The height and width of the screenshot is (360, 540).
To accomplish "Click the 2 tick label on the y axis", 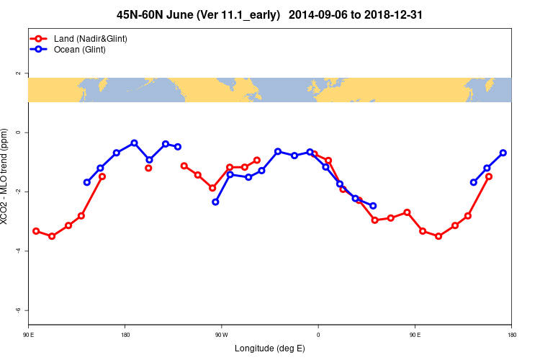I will (18, 73).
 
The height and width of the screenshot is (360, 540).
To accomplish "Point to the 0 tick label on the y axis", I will (18, 132).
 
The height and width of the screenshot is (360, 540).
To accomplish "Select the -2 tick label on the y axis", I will (18, 192).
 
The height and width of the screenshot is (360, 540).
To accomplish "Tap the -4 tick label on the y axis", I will (18, 251).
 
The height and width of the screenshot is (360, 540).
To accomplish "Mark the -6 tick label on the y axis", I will (18, 310).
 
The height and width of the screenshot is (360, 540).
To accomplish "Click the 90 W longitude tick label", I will (221, 335).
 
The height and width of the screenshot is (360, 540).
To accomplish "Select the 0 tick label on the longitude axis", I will (318, 335).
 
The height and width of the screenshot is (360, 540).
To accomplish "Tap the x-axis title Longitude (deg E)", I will (270, 348).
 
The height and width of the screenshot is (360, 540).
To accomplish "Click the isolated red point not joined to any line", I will (148, 168).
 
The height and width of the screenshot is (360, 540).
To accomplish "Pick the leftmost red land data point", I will (36, 231).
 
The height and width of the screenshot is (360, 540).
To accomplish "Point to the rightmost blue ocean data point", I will (503, 153).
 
